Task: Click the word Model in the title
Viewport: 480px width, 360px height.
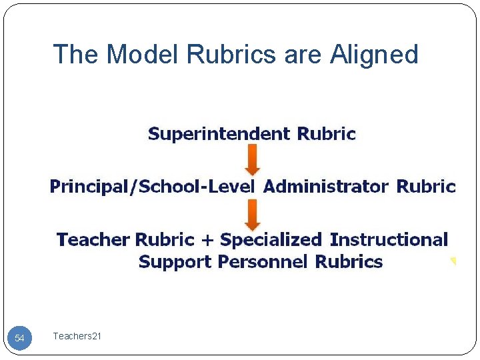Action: coord(139,54)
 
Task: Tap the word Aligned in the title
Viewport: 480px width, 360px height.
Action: coord(374,55)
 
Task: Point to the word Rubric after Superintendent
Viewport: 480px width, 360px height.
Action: coord(327,134)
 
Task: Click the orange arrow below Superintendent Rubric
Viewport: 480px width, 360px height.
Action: coord(253,160)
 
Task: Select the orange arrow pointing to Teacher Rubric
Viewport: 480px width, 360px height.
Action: coord(253,214)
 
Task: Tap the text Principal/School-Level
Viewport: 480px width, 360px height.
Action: coord(152,187)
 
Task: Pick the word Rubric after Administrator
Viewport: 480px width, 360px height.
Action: coord(426,186)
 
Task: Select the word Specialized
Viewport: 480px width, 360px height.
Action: coord(271,239)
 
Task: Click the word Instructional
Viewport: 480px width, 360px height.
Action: coord(389,239)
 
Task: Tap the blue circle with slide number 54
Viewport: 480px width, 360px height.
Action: coord(19,338)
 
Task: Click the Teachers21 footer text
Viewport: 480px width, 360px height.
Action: coord(77,337)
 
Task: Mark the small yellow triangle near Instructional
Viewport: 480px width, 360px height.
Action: coord(453,261)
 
